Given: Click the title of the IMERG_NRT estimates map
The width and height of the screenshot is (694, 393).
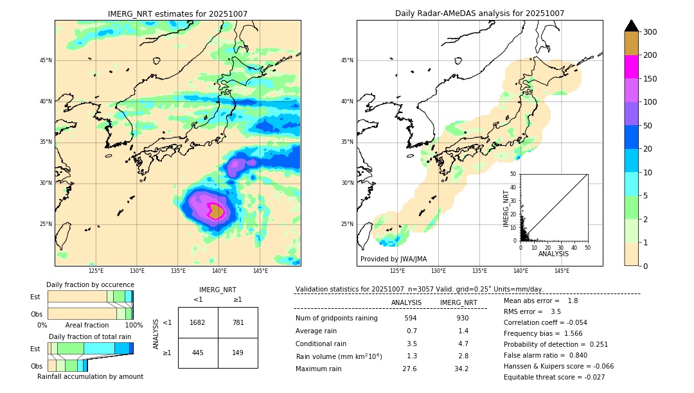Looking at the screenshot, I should (x=177, y=13).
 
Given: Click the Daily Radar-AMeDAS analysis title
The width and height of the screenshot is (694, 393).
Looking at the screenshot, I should (x=479, y=13).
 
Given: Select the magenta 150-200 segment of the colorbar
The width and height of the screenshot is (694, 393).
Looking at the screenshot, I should (x=631, y=67).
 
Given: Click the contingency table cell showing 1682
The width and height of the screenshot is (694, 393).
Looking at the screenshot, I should (x=198, y=322).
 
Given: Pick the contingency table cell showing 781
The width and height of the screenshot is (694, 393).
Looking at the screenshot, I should (x=238, y=322).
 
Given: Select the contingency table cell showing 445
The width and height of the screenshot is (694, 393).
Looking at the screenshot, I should (x=198, y=353).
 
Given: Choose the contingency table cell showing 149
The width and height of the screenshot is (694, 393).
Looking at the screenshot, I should (x=238, y=353).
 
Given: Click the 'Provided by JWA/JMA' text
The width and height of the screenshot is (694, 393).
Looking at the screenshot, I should (x=393, y=259).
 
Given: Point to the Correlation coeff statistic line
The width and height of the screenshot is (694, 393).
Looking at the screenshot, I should (x=545, y=322).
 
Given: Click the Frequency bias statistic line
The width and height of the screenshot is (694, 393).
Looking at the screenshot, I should (x=542, y=334).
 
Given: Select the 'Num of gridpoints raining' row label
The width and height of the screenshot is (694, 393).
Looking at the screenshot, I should (x=336, y=318).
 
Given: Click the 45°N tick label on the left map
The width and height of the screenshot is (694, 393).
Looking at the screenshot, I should (x=46, y=60).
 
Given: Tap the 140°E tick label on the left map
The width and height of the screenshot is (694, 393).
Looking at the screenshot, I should (x=218, y=271).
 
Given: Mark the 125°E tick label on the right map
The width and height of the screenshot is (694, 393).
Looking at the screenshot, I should (x=398, y=271).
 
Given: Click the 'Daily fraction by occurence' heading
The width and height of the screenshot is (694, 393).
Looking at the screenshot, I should (x=90, y=284).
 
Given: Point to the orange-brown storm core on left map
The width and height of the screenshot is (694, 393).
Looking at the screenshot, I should (x=217, y=211).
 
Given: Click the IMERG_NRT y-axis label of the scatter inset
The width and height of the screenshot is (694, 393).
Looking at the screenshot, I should (x=506, y=207).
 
